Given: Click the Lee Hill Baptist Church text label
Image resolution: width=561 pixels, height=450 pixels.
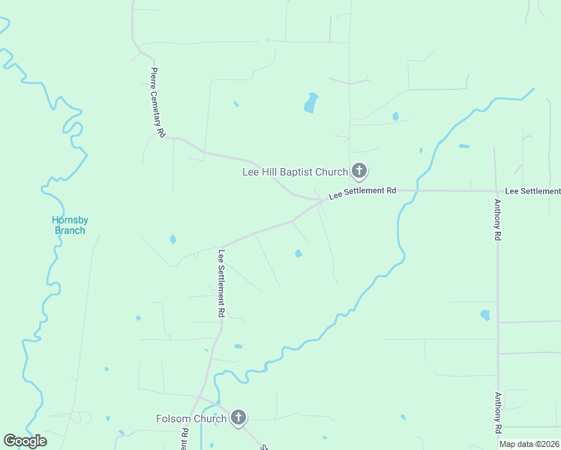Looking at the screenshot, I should coord(295,172).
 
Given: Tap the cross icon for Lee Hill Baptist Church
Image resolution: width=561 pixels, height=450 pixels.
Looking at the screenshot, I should coord(359,171).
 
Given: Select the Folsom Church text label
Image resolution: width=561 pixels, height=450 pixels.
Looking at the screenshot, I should coord(191,418).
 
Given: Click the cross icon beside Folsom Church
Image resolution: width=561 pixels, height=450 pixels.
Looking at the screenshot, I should coord(238,418).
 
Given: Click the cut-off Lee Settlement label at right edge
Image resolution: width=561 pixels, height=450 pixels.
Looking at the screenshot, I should coord(532,192).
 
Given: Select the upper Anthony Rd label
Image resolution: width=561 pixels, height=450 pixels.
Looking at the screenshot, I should coord(496,219).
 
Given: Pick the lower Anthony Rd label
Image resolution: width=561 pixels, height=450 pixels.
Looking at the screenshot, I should coord(497,413).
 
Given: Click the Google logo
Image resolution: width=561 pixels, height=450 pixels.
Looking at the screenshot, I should coord(25,440).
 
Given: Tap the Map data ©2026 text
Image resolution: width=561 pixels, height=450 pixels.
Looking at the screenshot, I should coord(529,444).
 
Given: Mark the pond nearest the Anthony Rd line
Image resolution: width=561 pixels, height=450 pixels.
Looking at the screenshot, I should coord(485,315).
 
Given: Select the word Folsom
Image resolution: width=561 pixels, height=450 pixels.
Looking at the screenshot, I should coord(175,418).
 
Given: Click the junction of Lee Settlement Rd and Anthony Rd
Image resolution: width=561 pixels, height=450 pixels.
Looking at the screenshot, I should coord(496,190).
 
